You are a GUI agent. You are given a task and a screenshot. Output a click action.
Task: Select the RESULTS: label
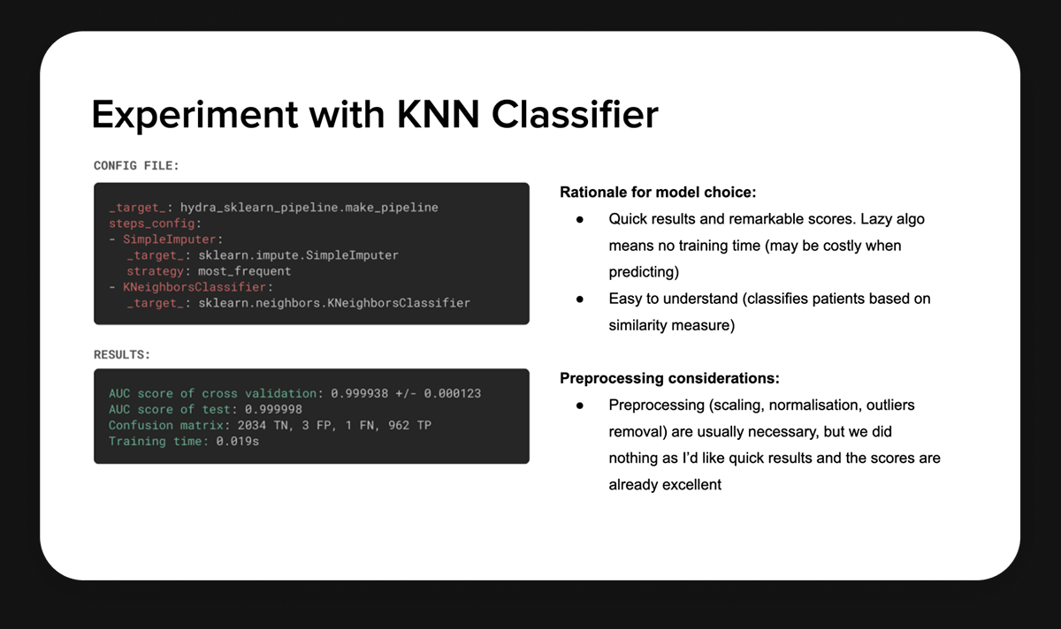coord(122,354)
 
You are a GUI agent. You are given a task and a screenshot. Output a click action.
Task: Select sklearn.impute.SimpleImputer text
coord(298,255)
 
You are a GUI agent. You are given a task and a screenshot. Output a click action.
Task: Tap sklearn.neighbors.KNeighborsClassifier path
coord(334,303)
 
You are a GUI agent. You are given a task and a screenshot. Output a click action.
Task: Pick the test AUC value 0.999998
coord(273,409)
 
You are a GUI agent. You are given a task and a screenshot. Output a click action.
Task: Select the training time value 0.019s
coord(238,441)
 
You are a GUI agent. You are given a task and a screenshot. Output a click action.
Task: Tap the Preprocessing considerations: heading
coord(669,378)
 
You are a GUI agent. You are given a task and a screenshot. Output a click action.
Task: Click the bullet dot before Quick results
coord(580,218)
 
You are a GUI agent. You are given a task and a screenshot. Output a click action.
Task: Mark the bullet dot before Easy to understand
coord(580,299)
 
